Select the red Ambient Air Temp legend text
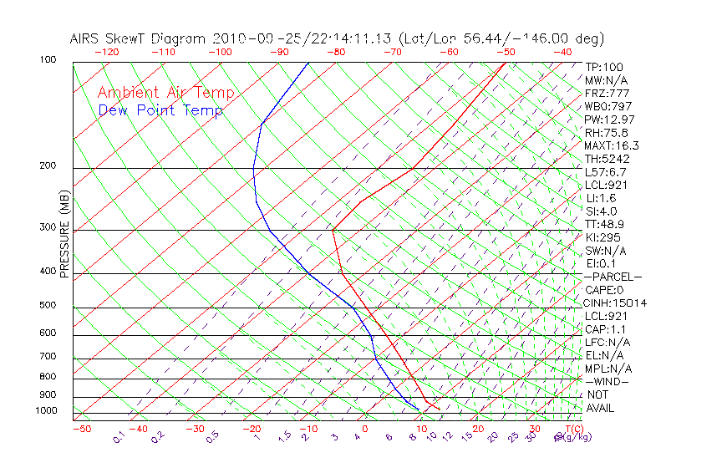(166, 94)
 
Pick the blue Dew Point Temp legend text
(160, 111)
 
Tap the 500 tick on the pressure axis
(47, 306)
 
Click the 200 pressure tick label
(47, 166)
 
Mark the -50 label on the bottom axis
(81, 430)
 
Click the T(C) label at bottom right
(572, 430)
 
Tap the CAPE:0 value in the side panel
(603, 290)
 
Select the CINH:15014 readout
(616, 303)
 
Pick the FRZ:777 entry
(607, 94)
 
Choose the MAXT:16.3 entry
(612, 146)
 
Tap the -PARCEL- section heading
(613, 277)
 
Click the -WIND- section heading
(608, 381)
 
